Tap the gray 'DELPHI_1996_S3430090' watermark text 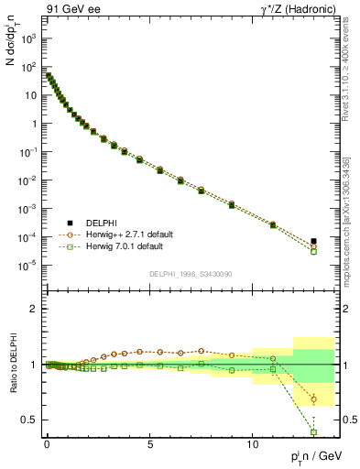pyautogui.click(x=190, y=274)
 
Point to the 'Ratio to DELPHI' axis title pyautogui.click(x=12, y=365)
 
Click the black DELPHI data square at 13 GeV pyautogui.click(x=313, y=241)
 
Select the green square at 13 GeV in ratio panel pyautogui.click(x=313, y=432)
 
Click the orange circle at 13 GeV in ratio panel pyautogui.click(x=313, y=399)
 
